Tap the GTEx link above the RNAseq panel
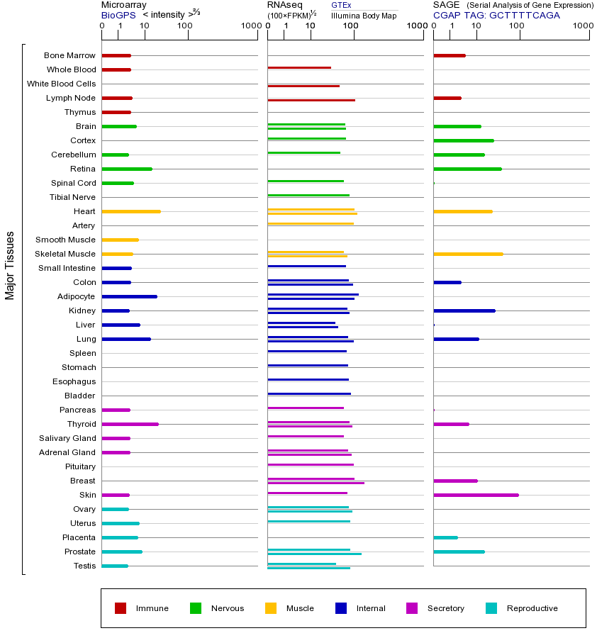click(341, 5)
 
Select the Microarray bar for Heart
click(131, 211)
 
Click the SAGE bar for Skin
click(476, 495)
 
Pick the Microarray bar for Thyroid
click(130, 424)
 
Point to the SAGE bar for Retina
click(467, 169)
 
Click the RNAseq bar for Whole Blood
click(299, 68)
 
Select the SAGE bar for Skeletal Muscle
click(468, 254)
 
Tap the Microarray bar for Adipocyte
click(130, 296)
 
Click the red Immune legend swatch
click(121, 608)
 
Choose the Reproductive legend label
click(532, 608)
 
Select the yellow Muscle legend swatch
click(271, 608)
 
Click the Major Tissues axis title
click(10, 265)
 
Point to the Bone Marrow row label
click(69, 55)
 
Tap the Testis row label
click(84, 566)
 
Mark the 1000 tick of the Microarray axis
click(250, 26)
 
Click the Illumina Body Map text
click(364, 15)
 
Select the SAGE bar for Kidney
click(464, 310)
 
